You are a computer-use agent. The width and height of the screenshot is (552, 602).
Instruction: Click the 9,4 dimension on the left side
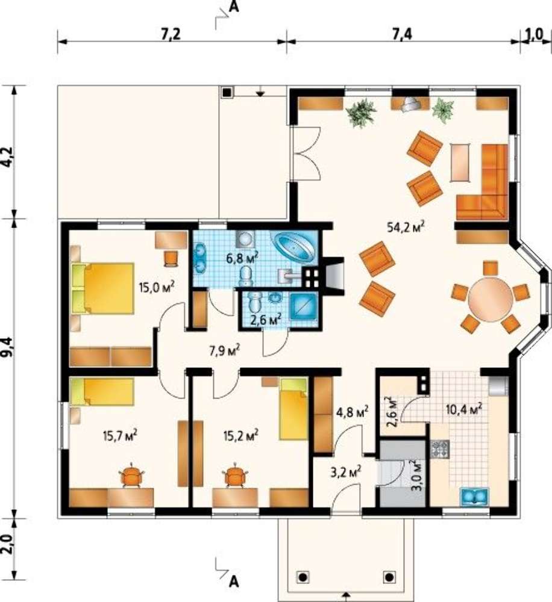coord(8,347)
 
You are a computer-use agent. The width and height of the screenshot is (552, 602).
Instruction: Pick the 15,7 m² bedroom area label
coord(121,435)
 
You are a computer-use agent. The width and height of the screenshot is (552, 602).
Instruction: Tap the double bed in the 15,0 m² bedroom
coord(103,288)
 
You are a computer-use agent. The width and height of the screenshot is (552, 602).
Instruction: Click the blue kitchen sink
coord(474,497)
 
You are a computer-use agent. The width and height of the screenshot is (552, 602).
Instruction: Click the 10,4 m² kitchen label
coord(464,410)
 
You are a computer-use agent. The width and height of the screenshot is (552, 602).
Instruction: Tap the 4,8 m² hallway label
coord(351,412)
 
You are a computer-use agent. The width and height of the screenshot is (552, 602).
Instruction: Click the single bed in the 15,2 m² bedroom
coord(293,409)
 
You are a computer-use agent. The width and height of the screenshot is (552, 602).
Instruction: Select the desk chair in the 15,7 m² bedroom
coord(131,476)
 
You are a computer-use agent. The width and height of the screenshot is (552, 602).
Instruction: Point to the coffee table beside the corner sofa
coord(460,163)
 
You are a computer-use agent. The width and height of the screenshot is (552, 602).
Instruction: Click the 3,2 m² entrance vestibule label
coord(346,471)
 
